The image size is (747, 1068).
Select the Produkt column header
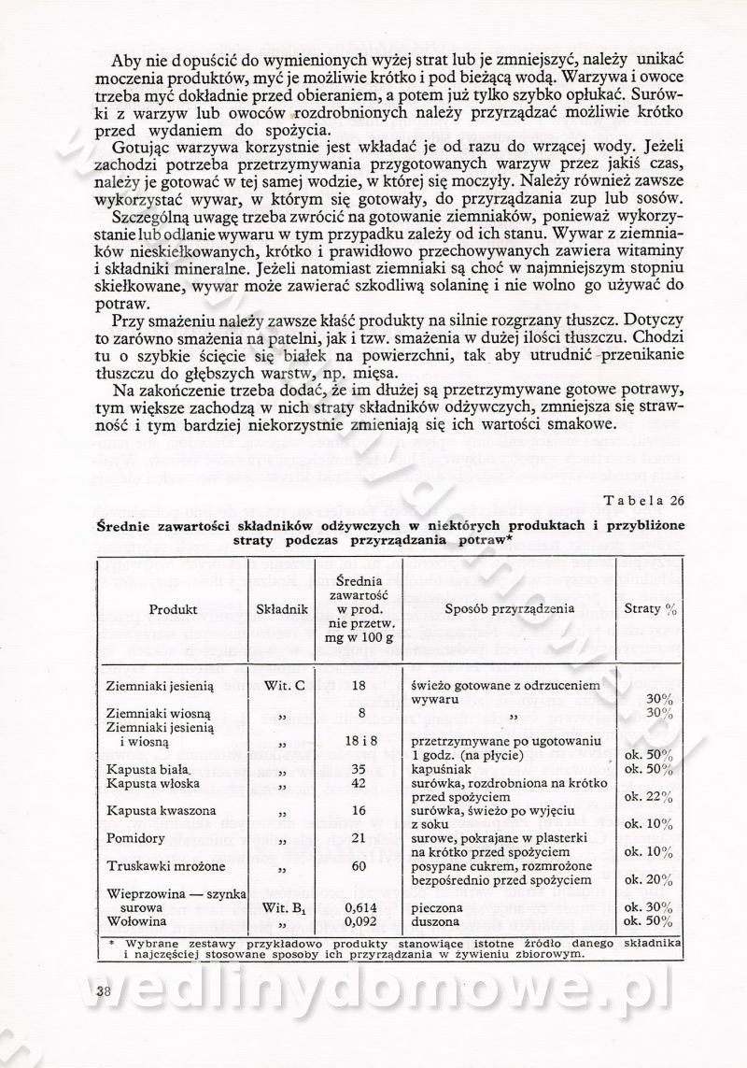point(173,608)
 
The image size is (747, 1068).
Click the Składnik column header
point(283,608)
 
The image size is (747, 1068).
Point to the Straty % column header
point(650,608)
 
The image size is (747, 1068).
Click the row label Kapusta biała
point(142,769)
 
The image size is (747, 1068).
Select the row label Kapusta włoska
point(146,783)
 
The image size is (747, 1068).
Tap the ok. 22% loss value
point(649,797)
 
